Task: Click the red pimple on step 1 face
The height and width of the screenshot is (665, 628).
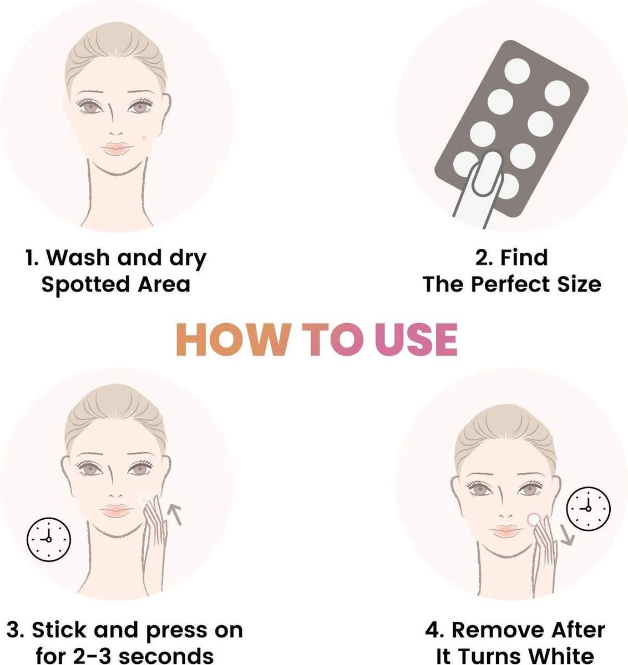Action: click(144, 136)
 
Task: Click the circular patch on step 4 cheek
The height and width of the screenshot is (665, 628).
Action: click(534, 519)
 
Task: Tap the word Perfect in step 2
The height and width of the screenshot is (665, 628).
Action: click(510, 284)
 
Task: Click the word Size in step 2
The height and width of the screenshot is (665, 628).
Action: click(579, 284)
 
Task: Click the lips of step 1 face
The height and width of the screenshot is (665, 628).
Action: click(116, 149)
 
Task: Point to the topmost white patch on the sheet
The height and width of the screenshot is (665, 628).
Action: click(518, 70)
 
